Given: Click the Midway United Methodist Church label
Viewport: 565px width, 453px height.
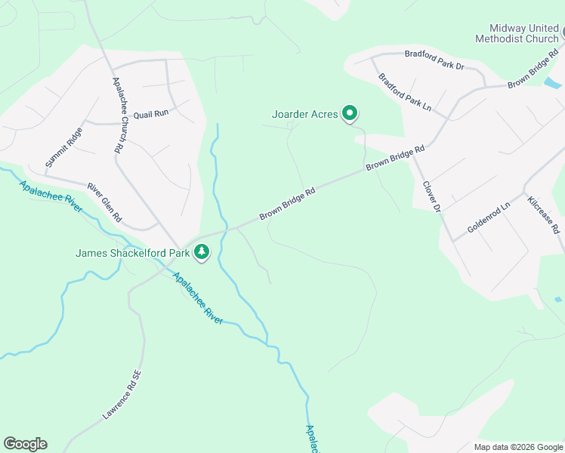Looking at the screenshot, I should (517, 32).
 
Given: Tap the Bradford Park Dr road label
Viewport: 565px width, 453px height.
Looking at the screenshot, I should (434, 60).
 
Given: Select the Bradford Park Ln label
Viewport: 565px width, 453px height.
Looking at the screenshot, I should (405, 92).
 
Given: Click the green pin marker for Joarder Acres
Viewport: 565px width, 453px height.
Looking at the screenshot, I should (350, 114).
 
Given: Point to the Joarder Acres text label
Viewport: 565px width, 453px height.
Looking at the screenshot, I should (304, 115).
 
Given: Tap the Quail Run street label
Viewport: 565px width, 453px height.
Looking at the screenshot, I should (150, 114).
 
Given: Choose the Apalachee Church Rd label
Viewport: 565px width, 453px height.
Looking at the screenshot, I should (118, 116).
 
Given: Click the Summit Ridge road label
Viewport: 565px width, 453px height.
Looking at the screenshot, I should (63, 147).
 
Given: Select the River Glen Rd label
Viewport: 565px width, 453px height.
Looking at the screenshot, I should (104, 202).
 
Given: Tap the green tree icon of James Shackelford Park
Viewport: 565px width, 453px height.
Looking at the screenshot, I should (201, 252).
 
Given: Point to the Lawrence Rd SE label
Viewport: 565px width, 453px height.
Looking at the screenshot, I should (121, 394).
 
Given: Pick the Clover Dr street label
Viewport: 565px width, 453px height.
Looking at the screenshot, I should (431, 196).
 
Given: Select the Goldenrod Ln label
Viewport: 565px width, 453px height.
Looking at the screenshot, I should (489, 217).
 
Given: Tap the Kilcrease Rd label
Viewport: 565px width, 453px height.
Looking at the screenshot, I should (544, 215).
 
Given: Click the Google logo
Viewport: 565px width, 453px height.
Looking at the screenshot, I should (25, 444).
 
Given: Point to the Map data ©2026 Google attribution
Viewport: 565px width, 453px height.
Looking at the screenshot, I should (518, 446).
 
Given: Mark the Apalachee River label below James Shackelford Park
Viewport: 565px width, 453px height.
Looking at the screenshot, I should (198, 298).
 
